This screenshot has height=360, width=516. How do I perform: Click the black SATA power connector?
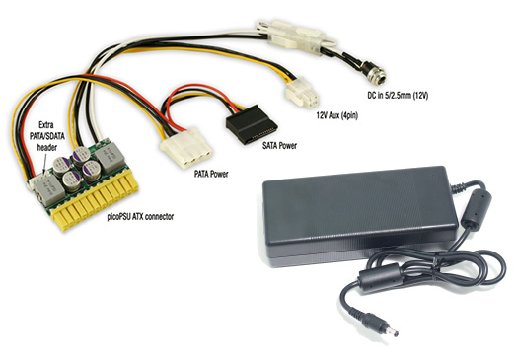252,124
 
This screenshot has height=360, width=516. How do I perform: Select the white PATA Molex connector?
186,148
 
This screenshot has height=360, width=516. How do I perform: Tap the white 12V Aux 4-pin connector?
303,93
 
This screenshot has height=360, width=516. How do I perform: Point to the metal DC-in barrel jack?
374,73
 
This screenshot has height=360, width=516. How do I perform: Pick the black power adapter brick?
359,216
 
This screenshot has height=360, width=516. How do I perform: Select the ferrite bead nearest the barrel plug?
380,281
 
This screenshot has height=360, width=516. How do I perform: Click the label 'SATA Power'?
279,145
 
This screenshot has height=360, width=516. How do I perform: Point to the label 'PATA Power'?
211,174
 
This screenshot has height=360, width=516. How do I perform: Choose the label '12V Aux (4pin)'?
337,115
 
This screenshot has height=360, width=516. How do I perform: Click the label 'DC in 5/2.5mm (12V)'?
398,96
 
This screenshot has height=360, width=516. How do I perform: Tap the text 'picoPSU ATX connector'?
140,217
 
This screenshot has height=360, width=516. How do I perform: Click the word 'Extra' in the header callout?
46,125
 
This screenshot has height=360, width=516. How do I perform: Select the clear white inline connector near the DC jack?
296,36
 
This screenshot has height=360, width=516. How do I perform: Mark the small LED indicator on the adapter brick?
433,176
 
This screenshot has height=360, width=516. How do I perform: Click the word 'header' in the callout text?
47,147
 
